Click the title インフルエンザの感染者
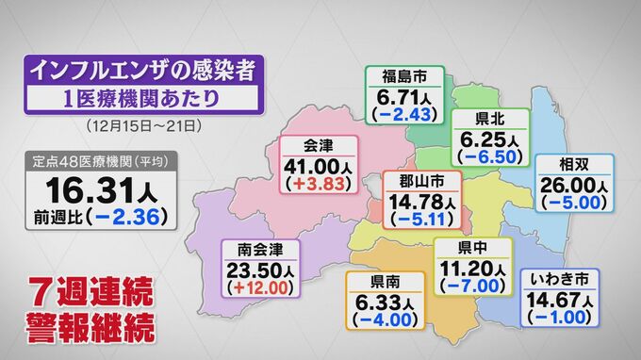pos(141,70)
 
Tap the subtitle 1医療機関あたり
pos(141,98)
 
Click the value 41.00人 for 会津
pos(320,165)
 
